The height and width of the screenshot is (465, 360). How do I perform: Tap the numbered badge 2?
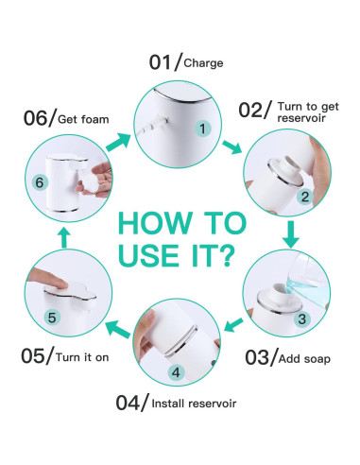[305, 196]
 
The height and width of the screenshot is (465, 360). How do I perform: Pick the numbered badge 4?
[176, 372]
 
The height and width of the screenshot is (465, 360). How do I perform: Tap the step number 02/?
[255, 112]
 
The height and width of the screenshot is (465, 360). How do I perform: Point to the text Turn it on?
[79, 356]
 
